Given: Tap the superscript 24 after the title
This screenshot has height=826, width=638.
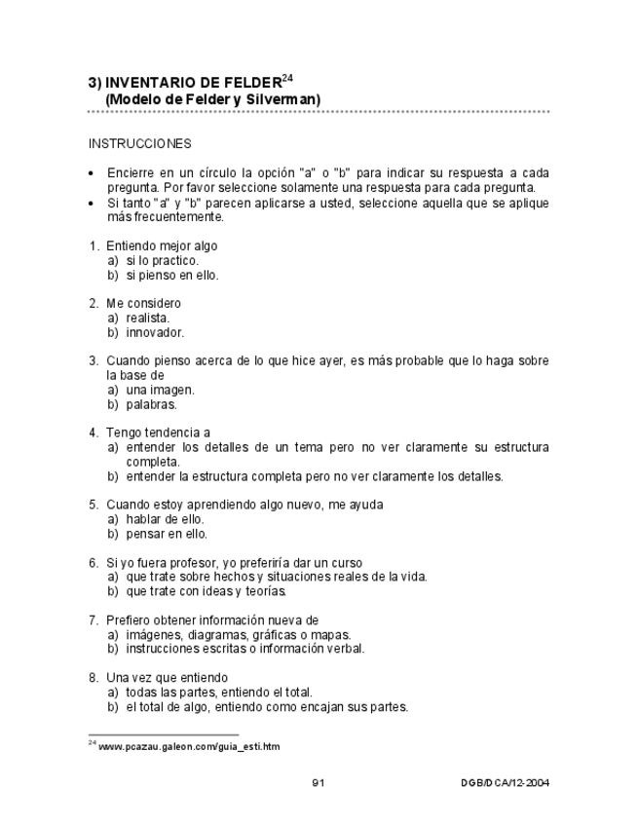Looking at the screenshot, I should (287, 76).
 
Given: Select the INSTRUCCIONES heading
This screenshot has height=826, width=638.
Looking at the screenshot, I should (140, 143).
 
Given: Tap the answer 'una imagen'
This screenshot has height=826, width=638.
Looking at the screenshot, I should (160, 390).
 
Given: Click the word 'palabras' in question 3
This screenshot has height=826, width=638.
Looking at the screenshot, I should (151, 404).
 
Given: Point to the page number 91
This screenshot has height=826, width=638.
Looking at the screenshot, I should (319, 782).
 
